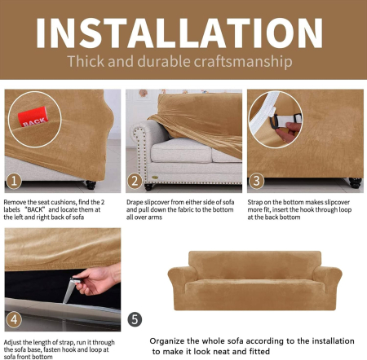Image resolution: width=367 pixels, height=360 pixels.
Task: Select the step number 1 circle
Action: click(x=14, y=181)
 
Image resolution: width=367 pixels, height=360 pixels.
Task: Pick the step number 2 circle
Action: click(x=135, y=181)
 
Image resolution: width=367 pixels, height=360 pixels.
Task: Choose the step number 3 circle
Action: click(x=256, y=181)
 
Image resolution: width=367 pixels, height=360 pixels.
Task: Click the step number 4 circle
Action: click(x=14, y=317)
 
